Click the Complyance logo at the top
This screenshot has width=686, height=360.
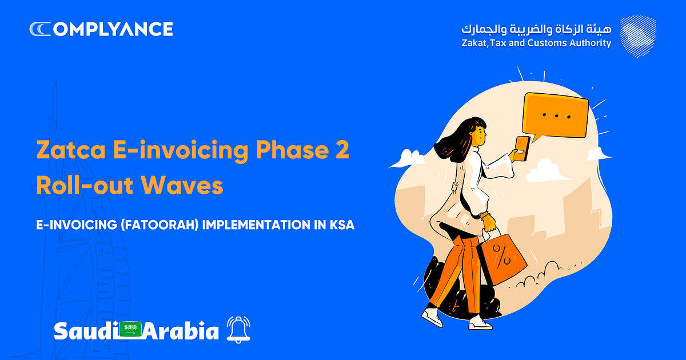(x=101, y=29)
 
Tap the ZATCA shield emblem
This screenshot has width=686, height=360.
(x=638, y=37)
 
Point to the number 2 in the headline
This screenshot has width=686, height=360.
(x=341, y=150)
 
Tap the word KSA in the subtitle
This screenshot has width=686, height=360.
(x=342, y=225)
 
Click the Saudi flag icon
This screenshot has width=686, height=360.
(x=130, y=329)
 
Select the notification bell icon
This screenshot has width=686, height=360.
(x=238, y=330)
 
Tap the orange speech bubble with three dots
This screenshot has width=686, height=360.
(x=556, y=117)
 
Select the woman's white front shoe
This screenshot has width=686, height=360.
(x=480, y=323)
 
